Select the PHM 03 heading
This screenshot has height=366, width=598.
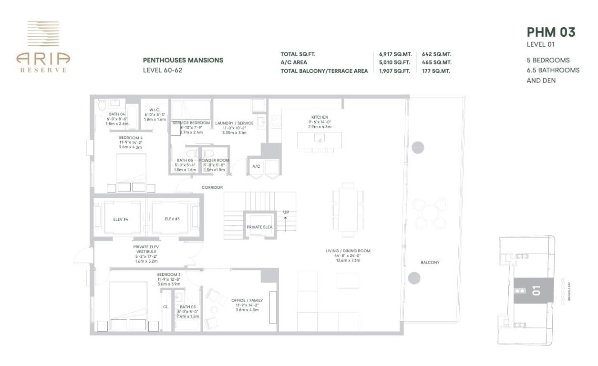point(551,32)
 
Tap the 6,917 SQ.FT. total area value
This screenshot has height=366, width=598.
point(392,54)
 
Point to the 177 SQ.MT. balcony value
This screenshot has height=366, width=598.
point(436,71)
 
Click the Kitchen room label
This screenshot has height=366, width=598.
point(320,117)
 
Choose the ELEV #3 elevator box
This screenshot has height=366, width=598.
point(172,218)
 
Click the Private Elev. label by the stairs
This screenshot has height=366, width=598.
point(259,227)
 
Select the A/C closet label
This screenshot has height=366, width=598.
point(256,166)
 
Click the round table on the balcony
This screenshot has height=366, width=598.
point(430,213)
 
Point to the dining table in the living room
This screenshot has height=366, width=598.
point(348,210)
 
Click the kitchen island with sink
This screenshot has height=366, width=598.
point(318,140)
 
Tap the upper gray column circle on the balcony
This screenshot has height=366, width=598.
point(417,147)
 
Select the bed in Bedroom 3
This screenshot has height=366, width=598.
point(128,303)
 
